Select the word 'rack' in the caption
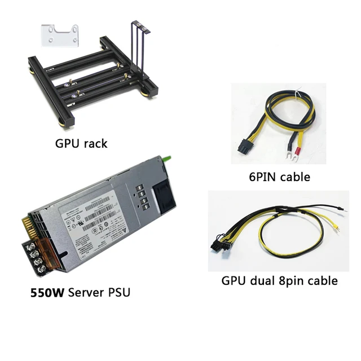95,143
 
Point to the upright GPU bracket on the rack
137,45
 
